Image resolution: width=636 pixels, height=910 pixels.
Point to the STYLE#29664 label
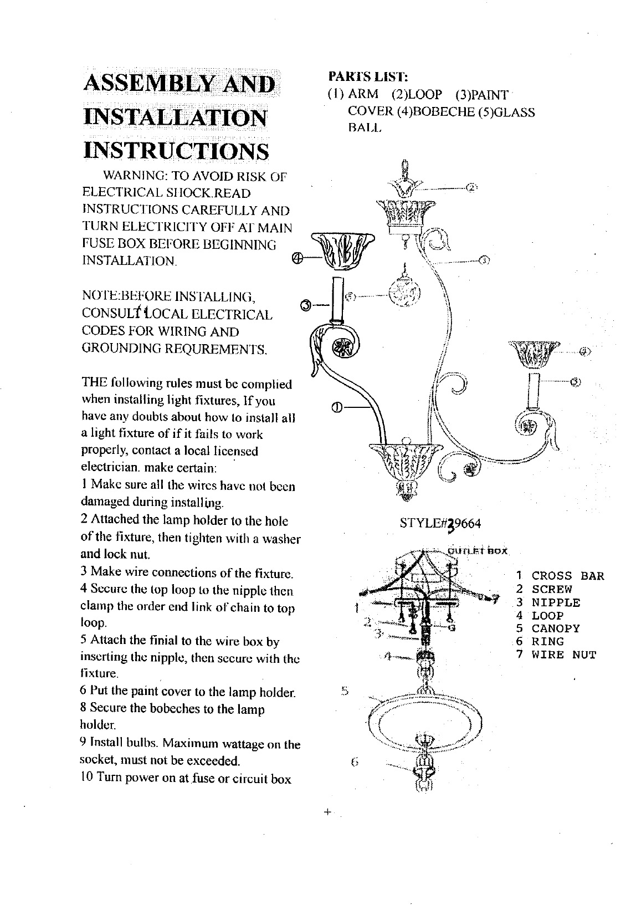coord(440,524)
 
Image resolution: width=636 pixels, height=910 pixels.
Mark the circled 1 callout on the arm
coord(336,409)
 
